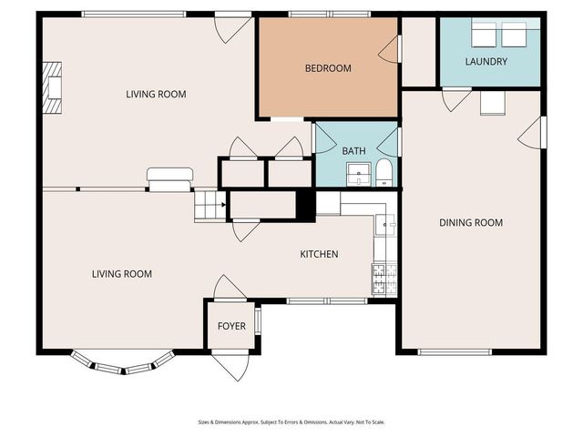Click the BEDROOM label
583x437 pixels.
coord(327,68)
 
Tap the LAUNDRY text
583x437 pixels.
coord(486,62)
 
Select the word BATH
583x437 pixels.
coord(353,151)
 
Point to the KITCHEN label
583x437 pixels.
coord(319,255)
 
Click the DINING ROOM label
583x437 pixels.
coord(471,223)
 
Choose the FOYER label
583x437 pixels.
coord(230,326)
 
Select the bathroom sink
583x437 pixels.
coord(361,173)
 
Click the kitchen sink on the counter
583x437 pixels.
coord(385,224)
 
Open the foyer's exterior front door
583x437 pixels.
coord(229,366)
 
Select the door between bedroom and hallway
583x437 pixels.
coord(390,50)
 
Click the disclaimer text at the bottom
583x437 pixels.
coord(291,422)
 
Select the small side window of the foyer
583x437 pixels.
coord(258,321)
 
